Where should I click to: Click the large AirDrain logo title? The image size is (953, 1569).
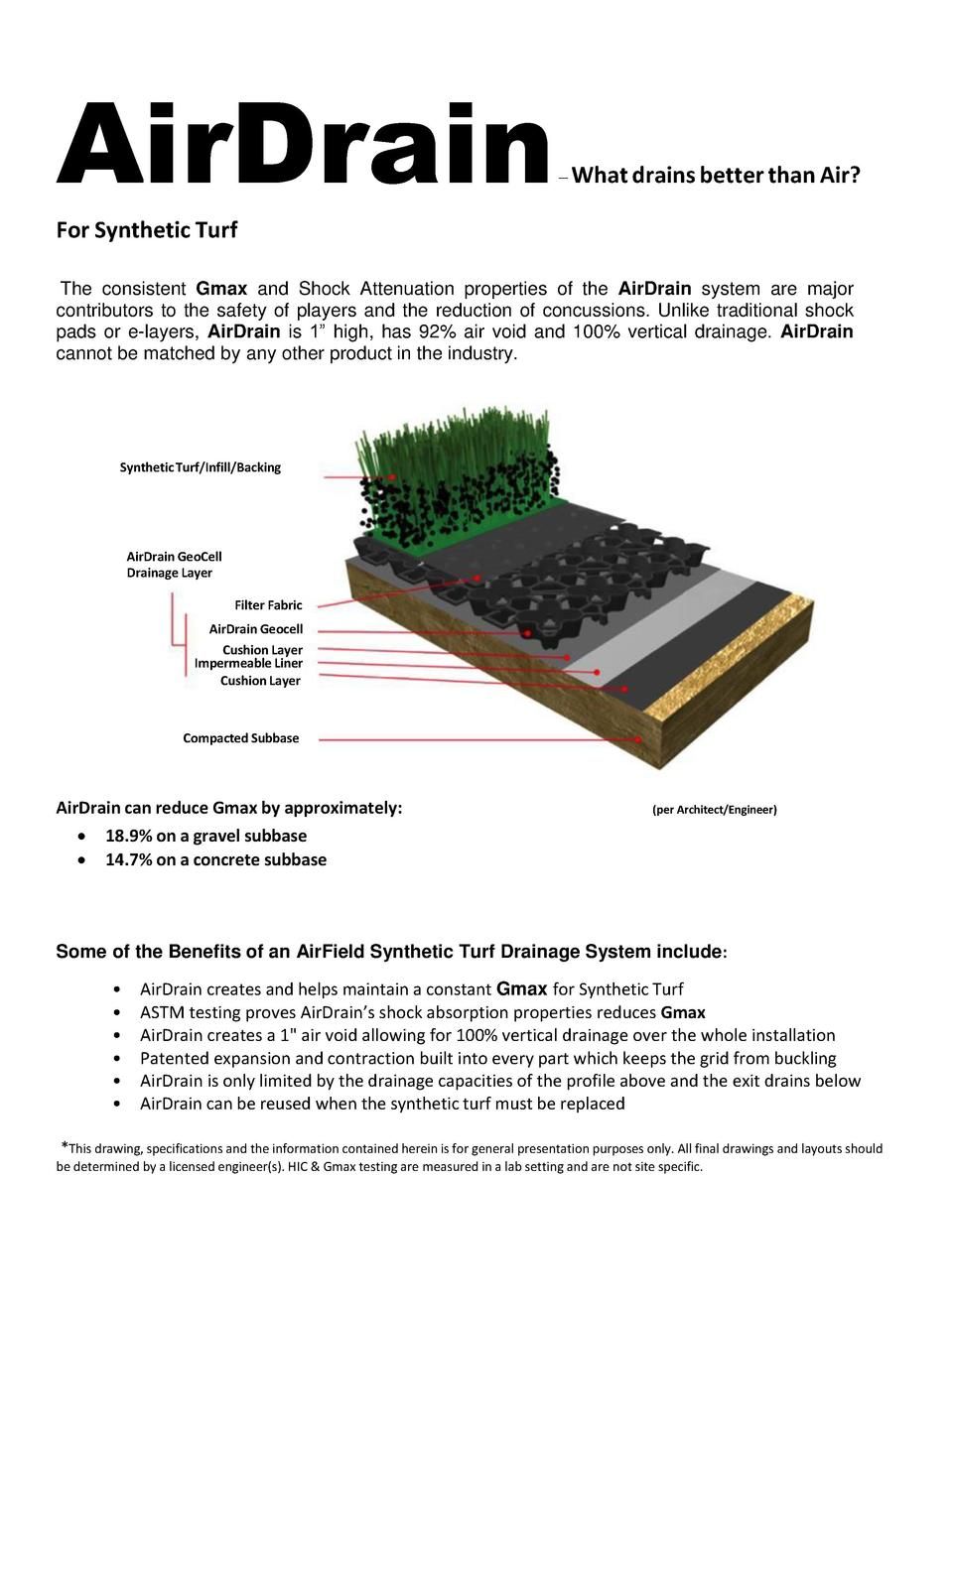[x=303, y=146]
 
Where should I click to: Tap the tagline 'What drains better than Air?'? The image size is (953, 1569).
[x=716, y=176]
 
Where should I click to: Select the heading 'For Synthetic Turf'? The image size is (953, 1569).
[x=146, y=230]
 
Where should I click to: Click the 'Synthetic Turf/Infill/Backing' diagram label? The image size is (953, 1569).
[x=200, y=467]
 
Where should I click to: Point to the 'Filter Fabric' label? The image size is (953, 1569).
[x=268, y=605]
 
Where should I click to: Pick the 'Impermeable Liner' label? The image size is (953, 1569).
[x=248, y=663]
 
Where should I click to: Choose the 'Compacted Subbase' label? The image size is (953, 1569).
[x=240, y=738]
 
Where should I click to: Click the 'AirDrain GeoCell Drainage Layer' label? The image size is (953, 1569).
[x=174, y=565]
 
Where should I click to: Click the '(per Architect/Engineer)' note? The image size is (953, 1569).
[x=714, y=810]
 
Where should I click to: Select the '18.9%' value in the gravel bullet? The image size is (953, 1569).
[x=128, y=836]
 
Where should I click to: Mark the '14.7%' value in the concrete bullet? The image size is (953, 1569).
[x=128, y=859]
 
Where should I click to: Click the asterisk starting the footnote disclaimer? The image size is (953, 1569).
[x=65, y=1147]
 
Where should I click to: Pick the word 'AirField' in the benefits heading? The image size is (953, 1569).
[x=331, y=952]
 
